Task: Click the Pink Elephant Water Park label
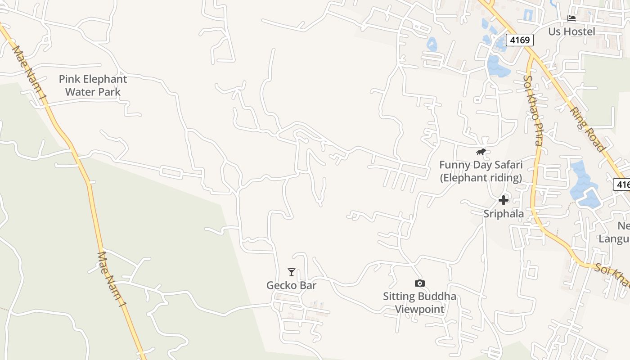click(93, 85)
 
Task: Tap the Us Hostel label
click(571, 31)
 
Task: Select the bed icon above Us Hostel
click(571, 18)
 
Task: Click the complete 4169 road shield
click(519, 40)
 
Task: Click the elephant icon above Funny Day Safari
click(481, 152)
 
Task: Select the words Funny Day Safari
click(481, 165)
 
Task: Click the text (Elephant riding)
click(481, 178)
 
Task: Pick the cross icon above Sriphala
click(504, 200)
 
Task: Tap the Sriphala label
click(504, 214)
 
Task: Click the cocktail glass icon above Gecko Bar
click(292, 272)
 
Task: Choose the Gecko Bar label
click(292, 285)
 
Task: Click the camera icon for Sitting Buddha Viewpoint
click(419, 283)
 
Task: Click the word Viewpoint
click(420, 309)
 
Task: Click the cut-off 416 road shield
click(622, 184)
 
